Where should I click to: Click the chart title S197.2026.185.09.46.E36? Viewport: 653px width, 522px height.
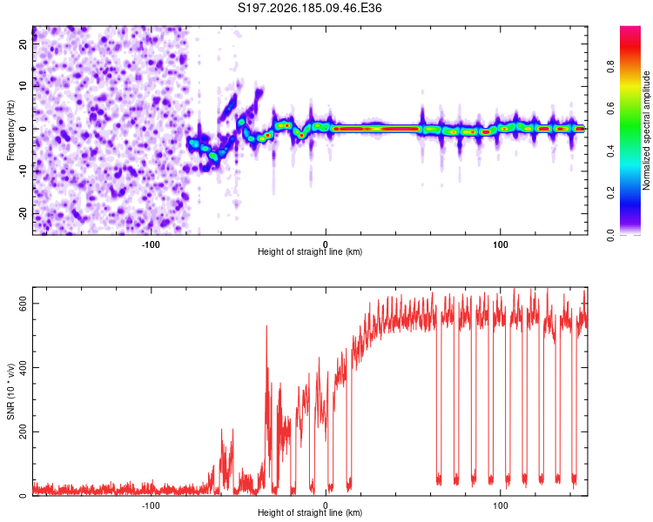coord(309,8)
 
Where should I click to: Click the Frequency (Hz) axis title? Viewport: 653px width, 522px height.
coord(10,130)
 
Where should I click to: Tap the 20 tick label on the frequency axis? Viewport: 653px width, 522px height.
coord(24,44)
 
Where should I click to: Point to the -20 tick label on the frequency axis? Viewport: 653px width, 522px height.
coord(24,214)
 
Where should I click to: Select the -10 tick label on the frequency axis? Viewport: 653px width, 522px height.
coord(24,171)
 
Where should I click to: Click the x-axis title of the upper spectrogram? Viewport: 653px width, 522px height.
coord(310,251)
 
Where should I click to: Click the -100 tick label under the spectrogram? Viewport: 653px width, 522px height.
coord(151,244)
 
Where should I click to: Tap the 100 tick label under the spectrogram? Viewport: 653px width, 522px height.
coord(500,244)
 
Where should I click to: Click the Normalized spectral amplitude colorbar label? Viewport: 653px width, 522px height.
coord(646,130)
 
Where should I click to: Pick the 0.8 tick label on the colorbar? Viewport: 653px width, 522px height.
coord(610,67)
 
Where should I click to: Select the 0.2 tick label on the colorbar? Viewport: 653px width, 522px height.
coord(610,193)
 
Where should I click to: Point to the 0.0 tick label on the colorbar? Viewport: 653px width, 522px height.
coord(610,235)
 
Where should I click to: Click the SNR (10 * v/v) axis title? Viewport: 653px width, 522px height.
coord(10,391)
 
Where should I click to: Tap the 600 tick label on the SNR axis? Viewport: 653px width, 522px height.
coord(24,304)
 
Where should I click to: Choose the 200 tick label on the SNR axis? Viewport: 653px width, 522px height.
coord(24,432)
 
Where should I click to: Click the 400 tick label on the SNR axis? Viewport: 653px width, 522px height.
coord(24,367)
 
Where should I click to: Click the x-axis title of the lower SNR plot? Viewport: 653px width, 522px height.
coord(310,512)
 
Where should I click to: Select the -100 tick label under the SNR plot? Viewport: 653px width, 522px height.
coord(151,505)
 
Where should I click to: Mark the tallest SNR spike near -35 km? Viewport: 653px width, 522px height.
coord(266,326)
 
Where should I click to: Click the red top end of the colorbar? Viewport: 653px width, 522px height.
coord(630,28)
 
